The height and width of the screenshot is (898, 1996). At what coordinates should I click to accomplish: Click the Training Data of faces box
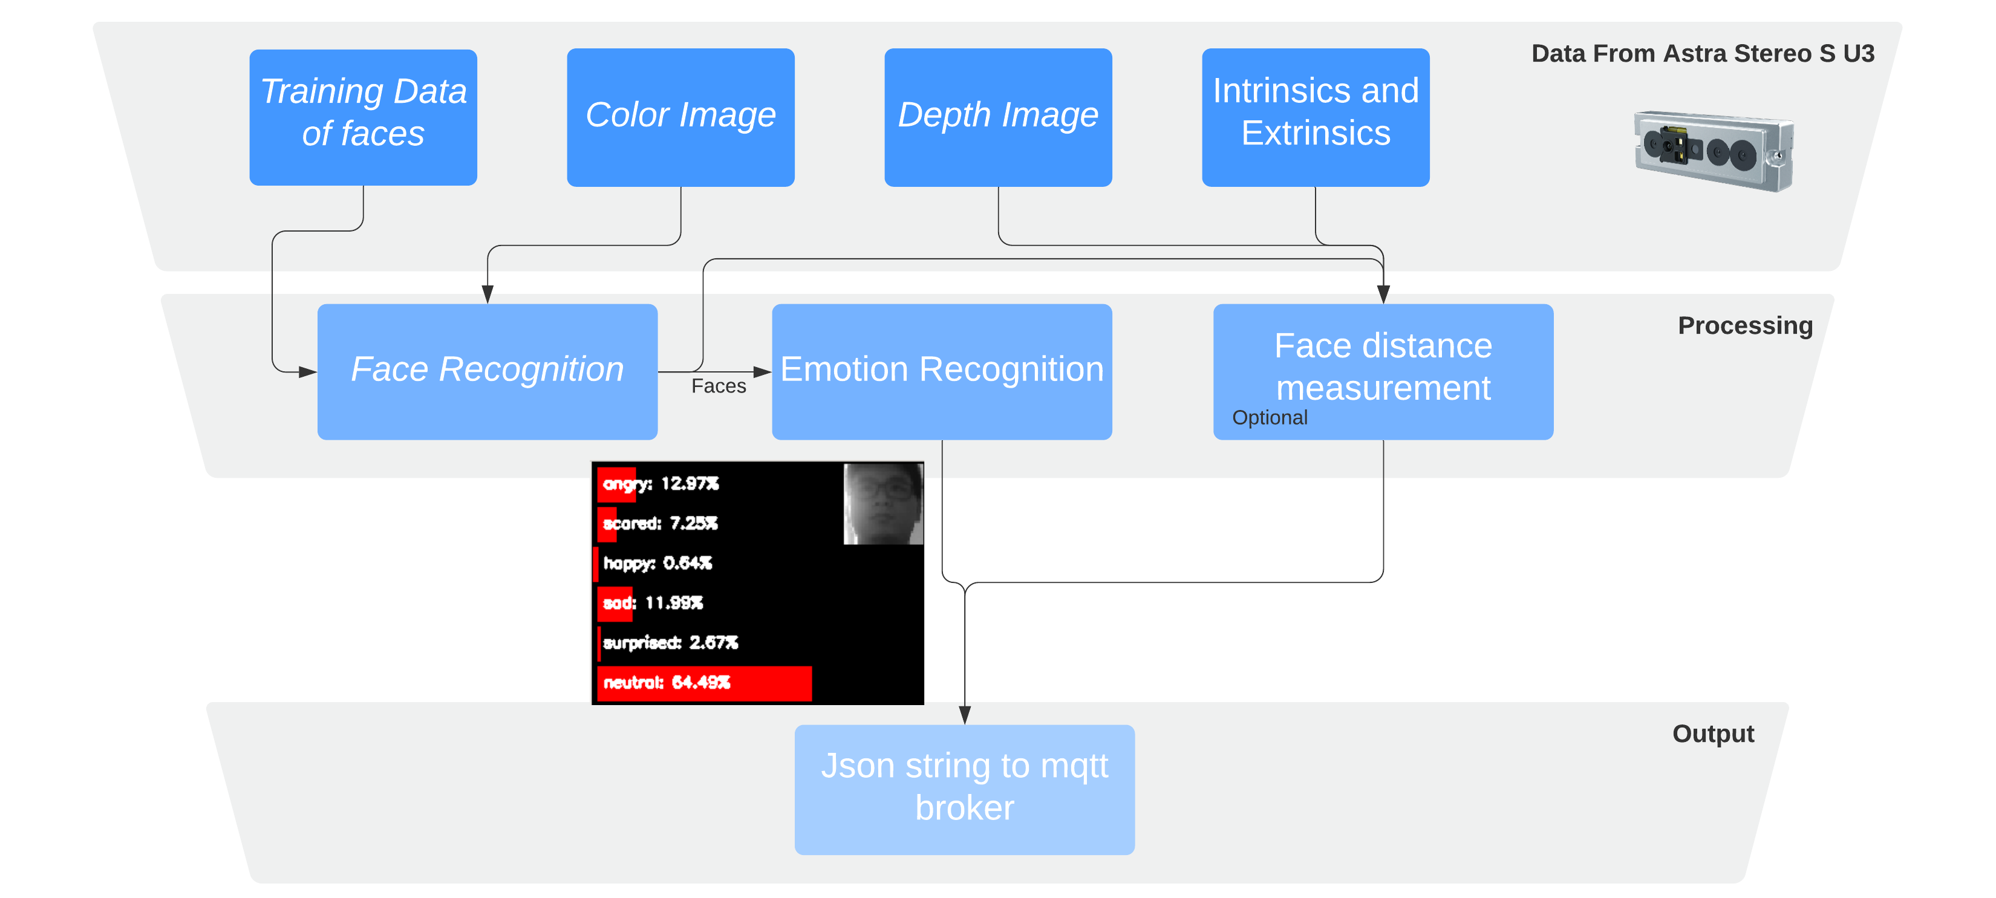pos(363,117)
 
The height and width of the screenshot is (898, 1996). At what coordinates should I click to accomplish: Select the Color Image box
pos(680,117)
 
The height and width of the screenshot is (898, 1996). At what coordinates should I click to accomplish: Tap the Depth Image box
pos(998,117)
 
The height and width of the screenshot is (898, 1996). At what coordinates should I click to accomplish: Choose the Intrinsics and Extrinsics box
pos(1316,117)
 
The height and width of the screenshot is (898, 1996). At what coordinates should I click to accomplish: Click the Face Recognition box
pos(488,371)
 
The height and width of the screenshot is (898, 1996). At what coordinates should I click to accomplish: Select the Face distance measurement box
pos(1383,371)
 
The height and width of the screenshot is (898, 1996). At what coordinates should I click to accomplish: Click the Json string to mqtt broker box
pos(965,790)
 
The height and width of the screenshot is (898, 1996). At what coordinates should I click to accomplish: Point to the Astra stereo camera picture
pos(1714,151)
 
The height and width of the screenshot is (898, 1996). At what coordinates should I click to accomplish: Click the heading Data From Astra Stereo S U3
pos(1703,53)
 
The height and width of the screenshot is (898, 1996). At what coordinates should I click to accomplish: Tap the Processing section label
pos(1745,325)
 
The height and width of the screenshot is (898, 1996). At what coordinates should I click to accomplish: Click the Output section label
pos(1713,734)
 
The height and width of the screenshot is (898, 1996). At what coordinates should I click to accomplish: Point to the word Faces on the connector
pos(719,386)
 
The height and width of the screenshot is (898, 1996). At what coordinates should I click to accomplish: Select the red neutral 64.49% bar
pos(704,683)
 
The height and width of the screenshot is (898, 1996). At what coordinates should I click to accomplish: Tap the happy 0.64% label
pos(657,563)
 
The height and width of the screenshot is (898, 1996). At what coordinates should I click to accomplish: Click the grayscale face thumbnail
pos(883,504)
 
